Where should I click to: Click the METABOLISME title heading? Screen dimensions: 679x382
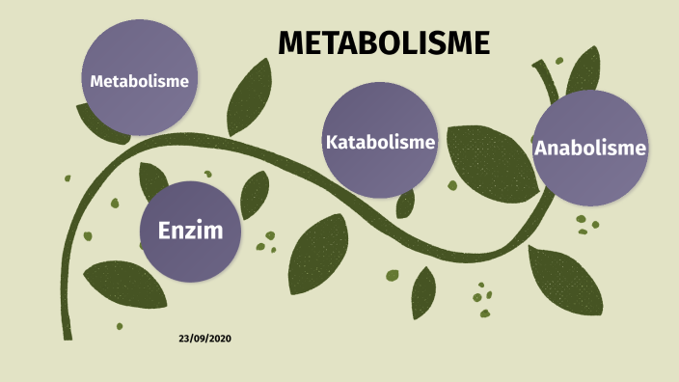[384, 42]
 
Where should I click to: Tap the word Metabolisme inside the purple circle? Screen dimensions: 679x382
[139, 80]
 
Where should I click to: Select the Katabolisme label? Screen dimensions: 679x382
[380, 142]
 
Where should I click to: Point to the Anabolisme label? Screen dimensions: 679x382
[589, 148]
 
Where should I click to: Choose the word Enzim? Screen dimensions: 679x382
[189, 231]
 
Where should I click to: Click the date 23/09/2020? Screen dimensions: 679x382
[204, 339]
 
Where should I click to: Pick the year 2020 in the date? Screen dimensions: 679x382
[220, 339]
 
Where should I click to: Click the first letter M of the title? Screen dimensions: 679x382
[289, 42]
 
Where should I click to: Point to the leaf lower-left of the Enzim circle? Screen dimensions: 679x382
[125, 284]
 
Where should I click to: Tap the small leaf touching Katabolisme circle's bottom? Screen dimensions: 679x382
[406, 202]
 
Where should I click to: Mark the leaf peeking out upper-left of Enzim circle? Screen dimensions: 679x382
[151, 180]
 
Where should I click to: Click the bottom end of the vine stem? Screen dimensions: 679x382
[68, 334]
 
